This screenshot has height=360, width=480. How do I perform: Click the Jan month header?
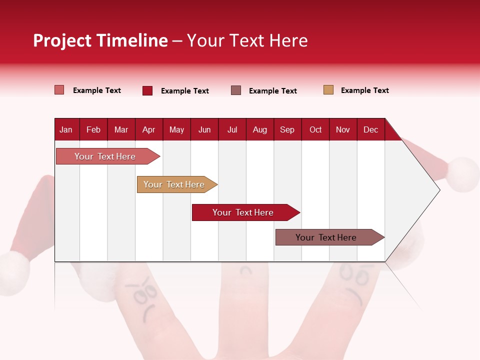click(66, 129)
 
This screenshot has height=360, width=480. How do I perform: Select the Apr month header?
click(148, 129)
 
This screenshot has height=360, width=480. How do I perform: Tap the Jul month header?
click(232, 129)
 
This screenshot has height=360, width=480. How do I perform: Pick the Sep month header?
click(287, 129)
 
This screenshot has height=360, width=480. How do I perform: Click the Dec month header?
click(370, 129)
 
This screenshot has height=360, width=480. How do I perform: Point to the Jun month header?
click(204, 129)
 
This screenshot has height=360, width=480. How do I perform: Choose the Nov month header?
click(342, 129)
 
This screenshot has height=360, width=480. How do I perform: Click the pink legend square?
click(59, 90)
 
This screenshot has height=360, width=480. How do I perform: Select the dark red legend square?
click(147, 90)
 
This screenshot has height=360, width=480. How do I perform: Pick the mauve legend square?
click(236, 90)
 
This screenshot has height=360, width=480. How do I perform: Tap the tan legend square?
click(328, 90)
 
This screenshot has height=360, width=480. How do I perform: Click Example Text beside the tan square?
click(364, 90)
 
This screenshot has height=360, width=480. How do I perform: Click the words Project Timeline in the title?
click(100, 40)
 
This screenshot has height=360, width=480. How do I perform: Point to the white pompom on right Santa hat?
click(463, 174)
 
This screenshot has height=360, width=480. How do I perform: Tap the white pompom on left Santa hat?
click(13, 272)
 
